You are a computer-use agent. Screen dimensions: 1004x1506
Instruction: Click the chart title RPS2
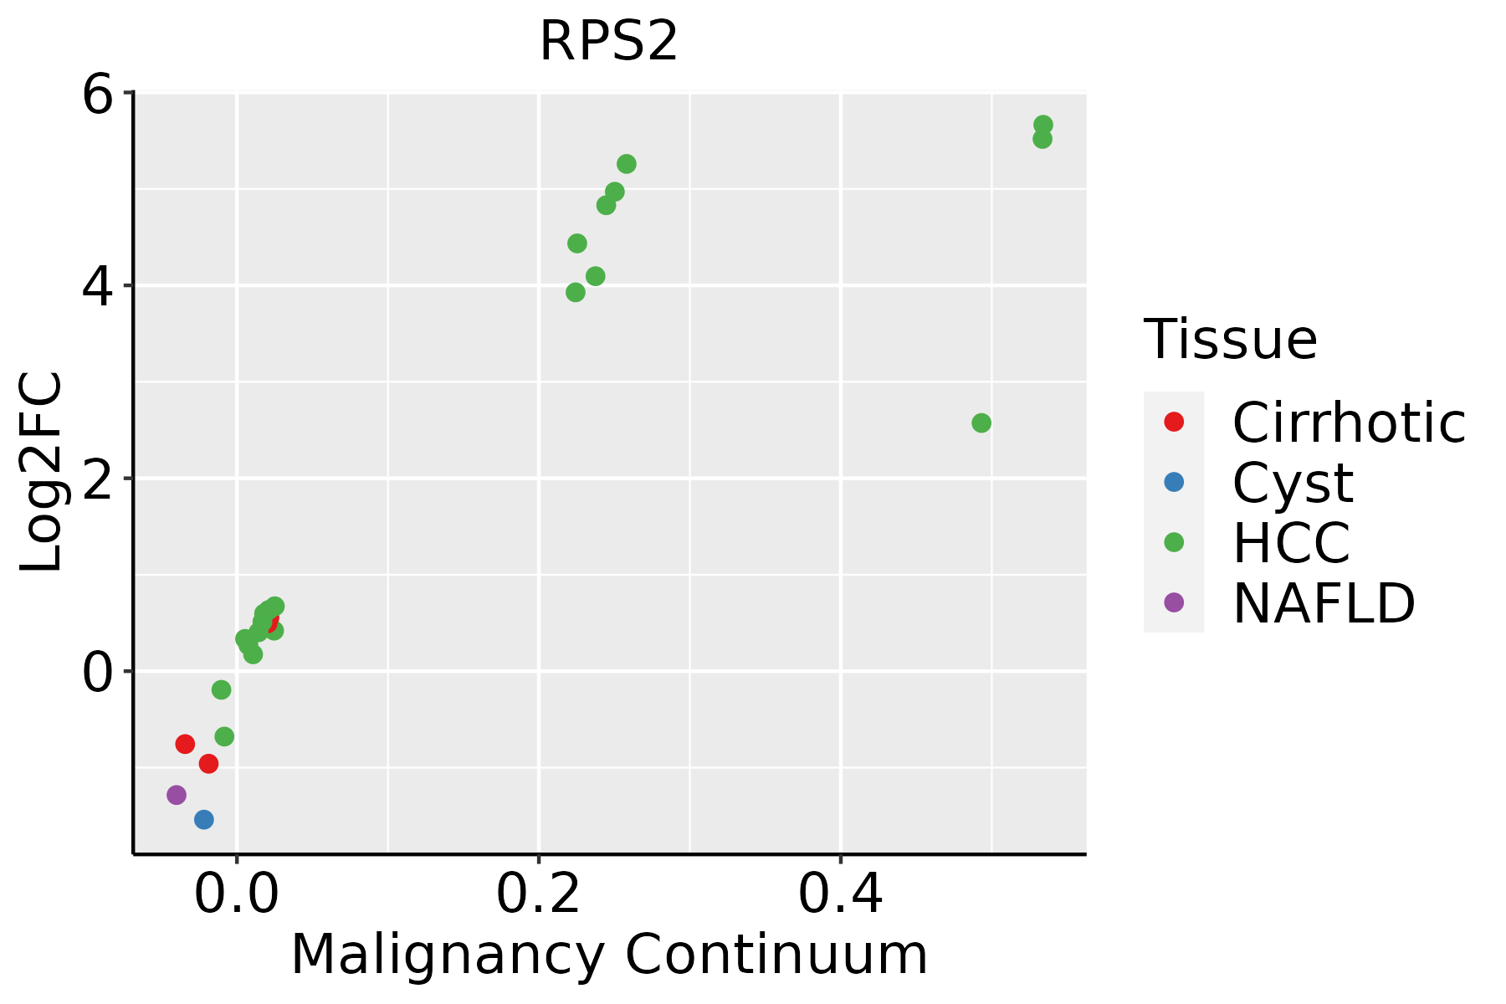[608, 42]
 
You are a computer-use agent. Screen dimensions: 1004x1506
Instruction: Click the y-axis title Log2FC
[42, 472]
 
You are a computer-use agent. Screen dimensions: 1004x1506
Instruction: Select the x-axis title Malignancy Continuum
[608, 955]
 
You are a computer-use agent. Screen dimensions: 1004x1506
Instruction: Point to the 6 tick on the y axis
[97, 95]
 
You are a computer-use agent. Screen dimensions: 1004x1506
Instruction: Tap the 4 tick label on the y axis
[97, 286]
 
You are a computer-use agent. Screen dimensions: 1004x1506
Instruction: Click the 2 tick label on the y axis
[97, 479]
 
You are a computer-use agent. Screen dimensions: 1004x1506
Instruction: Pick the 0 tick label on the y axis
[97, 672]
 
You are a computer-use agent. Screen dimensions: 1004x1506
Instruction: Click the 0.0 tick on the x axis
[237, 894]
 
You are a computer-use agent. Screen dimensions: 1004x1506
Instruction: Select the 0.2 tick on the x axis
[539, 894]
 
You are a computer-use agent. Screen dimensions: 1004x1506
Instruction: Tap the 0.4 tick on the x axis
[841, 894]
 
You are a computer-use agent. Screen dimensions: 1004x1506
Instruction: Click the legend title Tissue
[1230, 340]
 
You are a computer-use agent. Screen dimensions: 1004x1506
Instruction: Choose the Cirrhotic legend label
[1349, 423]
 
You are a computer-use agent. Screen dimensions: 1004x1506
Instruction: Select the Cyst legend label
[1293, 483]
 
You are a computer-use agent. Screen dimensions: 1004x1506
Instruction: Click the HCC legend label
[1291, 543]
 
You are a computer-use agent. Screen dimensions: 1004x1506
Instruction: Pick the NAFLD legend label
[1324, 602]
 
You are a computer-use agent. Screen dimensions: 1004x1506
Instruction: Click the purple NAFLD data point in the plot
[177, 795]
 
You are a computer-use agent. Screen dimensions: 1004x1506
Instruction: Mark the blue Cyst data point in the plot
[204, 820]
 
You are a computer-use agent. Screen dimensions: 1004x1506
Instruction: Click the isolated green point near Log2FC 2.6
[981, 423]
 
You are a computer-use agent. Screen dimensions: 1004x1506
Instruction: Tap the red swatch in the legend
[1174, 422]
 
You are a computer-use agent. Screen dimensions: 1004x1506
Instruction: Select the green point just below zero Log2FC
[221, 690]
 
